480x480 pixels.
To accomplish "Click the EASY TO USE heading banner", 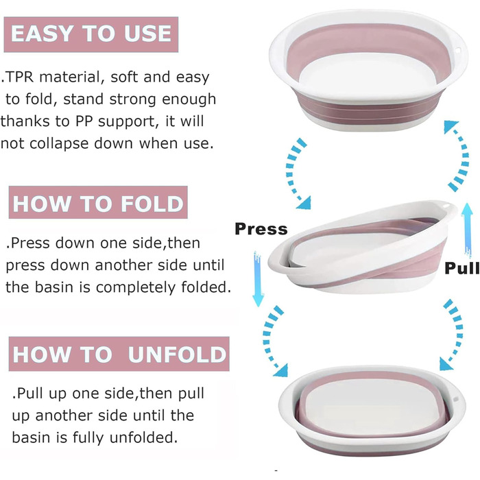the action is point(91,34).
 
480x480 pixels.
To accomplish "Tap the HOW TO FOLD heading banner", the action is point(98,202).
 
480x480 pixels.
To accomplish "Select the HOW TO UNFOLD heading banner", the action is point(119,354).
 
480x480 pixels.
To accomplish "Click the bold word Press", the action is point(261,229).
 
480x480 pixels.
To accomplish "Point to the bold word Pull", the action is point(462,268).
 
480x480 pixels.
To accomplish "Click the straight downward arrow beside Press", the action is point(258,279).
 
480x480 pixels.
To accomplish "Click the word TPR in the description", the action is point(20,77).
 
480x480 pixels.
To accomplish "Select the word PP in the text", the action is point(84,121).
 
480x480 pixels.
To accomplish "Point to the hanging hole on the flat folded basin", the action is point(455,400).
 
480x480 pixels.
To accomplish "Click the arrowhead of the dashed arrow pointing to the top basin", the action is point(451,126).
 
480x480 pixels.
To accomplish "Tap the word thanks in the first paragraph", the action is point(25,121).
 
